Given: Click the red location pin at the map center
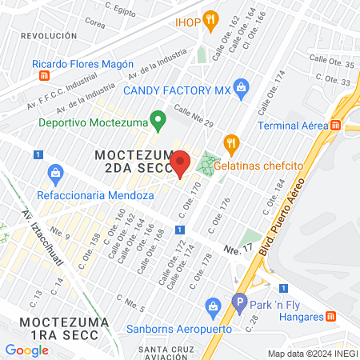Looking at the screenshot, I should click(181, 163).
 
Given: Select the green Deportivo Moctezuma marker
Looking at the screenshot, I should click(158, 122).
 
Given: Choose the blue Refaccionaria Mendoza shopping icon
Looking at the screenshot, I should click(55, 171).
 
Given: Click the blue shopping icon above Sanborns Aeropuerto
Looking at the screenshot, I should click(213, 306).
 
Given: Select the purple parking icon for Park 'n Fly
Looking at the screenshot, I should click(238, 304).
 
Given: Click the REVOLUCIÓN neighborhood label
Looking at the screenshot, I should click(49, 36).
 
